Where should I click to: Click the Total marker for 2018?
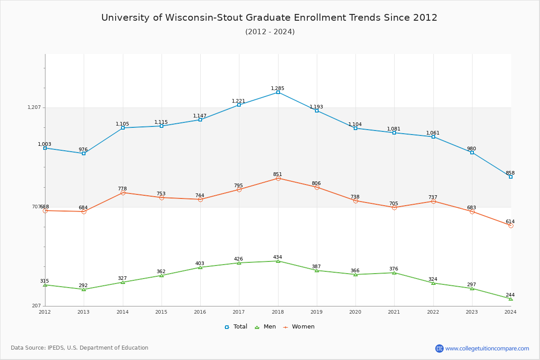(278, 92)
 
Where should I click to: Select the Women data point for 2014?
(122, 193)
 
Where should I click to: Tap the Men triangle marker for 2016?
(200, 267)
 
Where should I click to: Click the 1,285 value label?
(278, 89)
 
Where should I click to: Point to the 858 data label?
(510, 173)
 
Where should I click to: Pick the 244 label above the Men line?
(510, 295)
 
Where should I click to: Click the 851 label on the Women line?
(278, 175)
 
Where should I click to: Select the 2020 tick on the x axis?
(355, 311)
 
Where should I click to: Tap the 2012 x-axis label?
(45, 311)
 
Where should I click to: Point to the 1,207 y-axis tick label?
(34, 108)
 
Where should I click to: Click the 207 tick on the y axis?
(36, 306)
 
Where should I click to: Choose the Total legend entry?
(236, 327)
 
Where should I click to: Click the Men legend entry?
(265, 327)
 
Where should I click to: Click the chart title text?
(269, 18)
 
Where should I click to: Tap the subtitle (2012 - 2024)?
(270, 31)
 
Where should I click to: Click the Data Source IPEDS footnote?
(80, 348)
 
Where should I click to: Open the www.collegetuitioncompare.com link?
(487, 348)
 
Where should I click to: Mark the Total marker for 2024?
(511, 177)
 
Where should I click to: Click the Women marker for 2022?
(433, 201)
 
